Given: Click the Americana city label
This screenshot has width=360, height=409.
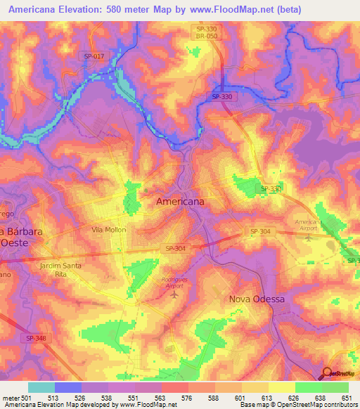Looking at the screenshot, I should (180, 201).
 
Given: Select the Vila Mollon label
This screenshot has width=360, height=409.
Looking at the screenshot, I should (107, 230).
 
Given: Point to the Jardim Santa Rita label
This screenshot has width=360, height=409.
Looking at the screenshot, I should (61, 270).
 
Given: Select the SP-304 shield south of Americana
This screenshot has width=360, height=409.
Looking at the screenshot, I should (176, 248).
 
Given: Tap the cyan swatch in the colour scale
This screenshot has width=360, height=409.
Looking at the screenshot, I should (41, 387).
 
